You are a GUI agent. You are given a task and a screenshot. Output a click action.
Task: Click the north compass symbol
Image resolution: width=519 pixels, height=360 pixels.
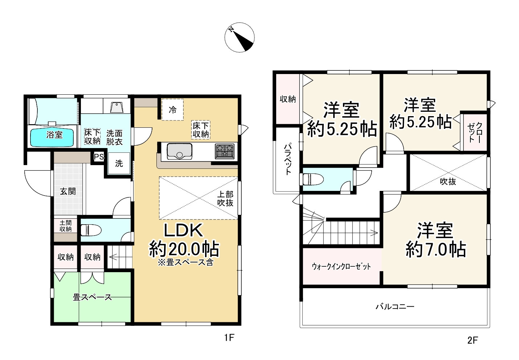coord(239,37)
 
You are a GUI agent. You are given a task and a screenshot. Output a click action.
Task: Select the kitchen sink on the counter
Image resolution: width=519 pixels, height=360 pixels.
coord(179,151)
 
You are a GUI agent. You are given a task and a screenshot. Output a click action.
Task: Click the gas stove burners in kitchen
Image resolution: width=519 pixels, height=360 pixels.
coord(225,151)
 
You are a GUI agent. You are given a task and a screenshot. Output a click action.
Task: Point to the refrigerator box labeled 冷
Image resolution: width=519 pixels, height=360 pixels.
coord(172,109)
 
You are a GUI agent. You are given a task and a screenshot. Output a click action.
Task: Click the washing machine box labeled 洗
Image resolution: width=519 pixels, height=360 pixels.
coord(119,164)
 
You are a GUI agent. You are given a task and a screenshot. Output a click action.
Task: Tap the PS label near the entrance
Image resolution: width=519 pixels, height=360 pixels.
coord(99,157)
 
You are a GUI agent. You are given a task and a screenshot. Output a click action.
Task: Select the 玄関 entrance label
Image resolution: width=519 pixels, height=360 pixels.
coord(68,191)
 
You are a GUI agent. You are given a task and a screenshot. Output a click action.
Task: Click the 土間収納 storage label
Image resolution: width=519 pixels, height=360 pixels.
coord(66,226)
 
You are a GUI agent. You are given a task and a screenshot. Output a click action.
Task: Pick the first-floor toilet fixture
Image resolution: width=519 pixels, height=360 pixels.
coord(87,230)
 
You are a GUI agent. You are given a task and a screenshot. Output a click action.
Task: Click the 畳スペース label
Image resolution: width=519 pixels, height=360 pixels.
coord(92,297)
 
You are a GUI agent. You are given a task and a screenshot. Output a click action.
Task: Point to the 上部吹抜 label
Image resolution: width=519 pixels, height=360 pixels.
coord(225,199)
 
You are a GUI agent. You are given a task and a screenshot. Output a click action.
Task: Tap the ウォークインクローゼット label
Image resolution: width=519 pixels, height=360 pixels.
coord(341,266)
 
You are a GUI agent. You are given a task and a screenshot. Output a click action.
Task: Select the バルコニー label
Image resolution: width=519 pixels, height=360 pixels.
coord(395,307)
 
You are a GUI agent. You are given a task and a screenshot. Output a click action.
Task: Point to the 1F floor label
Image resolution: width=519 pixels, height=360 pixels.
coord(229,338)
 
